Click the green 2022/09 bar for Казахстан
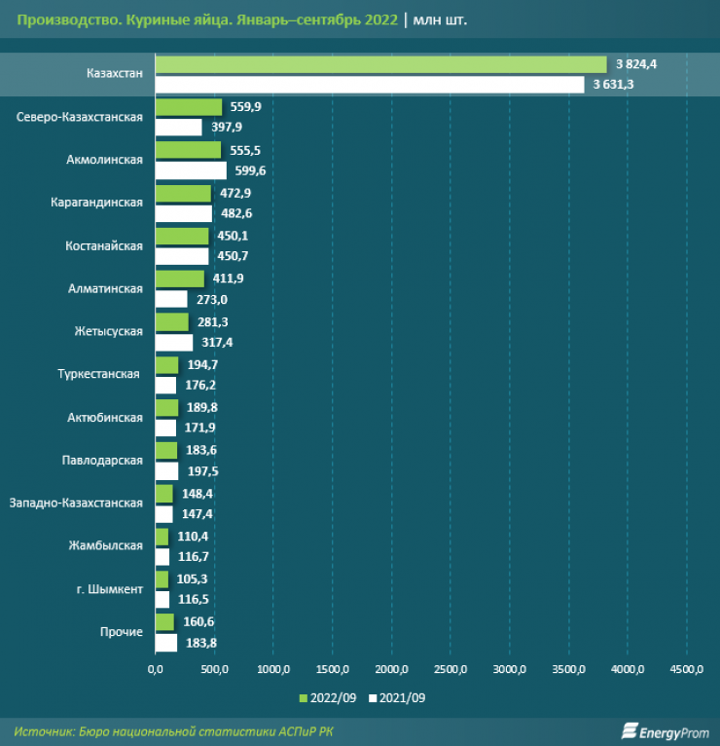pos(380,64)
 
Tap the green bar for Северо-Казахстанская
pos(189,107)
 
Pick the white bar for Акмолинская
pos(191,170)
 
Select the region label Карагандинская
pos(96,203)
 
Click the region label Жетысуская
pos(108,331)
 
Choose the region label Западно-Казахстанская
pos(75,503)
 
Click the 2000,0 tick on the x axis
pos(391,670)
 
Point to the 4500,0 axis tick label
pos(686,670)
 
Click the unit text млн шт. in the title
pos(441,19)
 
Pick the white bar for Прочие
pos(166,643)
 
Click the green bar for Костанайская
pos(182,236)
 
